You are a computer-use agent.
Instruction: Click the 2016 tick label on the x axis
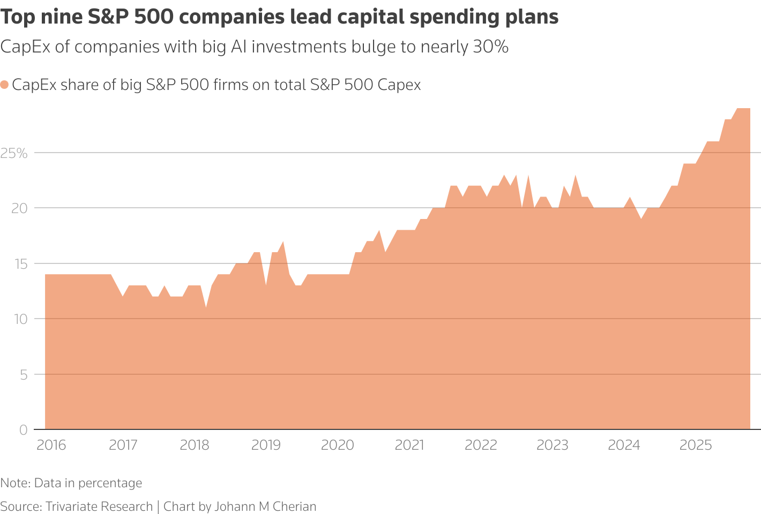[51, 445]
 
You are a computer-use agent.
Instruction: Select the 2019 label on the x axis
[266, 445]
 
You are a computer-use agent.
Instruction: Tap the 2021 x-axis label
[409, 445]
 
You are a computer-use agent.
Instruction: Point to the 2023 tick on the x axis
[553, 445]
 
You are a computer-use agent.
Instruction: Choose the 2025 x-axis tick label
[696, 445]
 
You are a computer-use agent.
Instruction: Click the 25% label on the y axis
[14, 153]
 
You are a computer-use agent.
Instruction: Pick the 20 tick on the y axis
[19, 208]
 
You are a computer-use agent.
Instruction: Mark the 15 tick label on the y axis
[19, 264]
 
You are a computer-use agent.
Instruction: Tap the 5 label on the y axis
[23, 375]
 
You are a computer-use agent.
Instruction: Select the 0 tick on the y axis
[23, 430]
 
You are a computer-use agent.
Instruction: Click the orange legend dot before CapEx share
[4, 85]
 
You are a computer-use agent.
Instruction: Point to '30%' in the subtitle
[490, 47]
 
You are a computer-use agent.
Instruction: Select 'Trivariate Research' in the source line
[99, 507]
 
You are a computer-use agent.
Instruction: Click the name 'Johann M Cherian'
[265, 507]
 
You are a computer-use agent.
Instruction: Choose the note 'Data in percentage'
[88, 483]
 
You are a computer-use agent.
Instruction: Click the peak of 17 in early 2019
[283, 242]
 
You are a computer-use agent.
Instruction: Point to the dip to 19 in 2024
[641, 220]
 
